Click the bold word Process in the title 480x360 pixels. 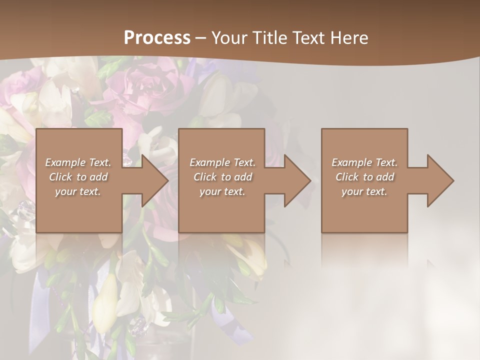[157, 38]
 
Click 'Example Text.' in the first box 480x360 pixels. [78, 162]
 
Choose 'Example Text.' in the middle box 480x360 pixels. [222, 162]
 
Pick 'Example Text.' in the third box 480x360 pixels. [364, 162]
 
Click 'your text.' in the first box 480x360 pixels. [78, 191]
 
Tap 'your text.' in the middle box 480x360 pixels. [222, 191]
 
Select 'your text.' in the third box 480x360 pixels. [364, 191]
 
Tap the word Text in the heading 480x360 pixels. [307, 38]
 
